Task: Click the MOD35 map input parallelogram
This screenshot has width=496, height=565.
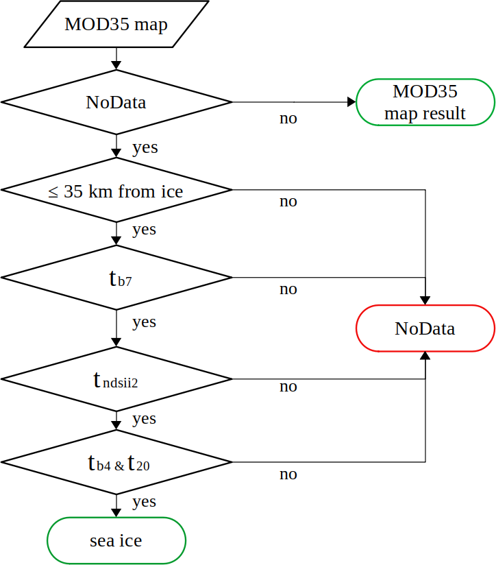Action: click(x=116, y=24)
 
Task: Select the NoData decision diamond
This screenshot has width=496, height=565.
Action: click(x=116, y=102)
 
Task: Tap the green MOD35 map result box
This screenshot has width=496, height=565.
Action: click(x=425, y=102)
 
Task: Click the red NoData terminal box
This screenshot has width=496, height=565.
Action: click(x=425, y=328)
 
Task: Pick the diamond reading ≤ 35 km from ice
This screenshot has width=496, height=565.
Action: click(x=116, y=191)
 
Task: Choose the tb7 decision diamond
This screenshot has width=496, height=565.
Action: click(x=116, y=278)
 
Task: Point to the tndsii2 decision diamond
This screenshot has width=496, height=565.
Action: click(x=116, y=379)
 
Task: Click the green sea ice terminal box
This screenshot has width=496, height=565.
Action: click(x=116, y=540)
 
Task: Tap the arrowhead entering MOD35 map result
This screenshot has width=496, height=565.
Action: click(x=351, y=102)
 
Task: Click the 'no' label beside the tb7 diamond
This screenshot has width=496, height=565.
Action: click(x=288, y=289)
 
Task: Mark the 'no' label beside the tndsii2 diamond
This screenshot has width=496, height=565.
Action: click(x=288, y=386)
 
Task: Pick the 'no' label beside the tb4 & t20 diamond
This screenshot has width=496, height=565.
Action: click(x=288, y=474)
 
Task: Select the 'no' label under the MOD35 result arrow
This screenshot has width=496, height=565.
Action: click(x=288, y=118)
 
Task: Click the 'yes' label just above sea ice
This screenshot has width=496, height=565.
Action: click(x=144, y=502)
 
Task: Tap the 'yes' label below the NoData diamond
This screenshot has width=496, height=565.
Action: click(x=145, y=147)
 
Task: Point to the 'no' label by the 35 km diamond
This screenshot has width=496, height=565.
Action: click(x=288, y=202)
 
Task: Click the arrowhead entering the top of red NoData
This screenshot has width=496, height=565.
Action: click(x=425, y=300)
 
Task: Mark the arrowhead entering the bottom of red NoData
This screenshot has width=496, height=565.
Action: click(x=425, y=356)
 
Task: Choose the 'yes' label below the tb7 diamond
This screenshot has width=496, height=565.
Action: click(x=144, y=322)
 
